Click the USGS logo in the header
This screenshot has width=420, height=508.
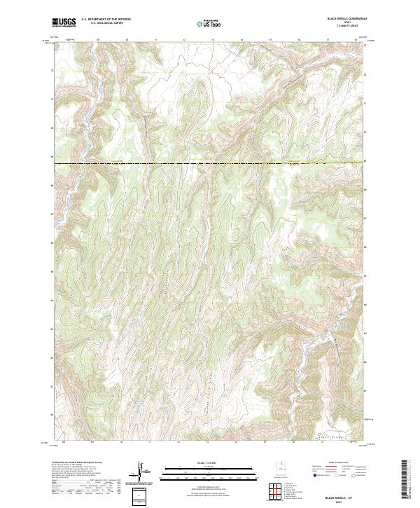coord(64,22)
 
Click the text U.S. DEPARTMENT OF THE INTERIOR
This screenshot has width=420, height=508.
coord(106,20)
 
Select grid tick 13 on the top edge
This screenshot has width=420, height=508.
coord(213,41)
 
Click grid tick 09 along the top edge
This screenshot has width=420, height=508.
coord(98,41)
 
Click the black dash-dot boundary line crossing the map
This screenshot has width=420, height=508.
coord(210,164)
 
